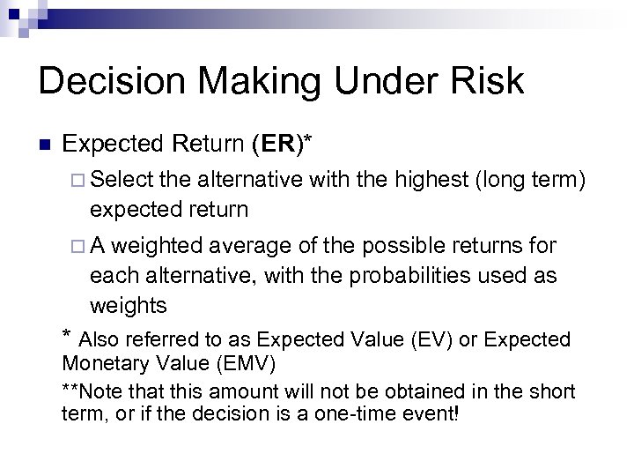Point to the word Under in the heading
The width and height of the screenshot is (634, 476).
click(x=376, y=81)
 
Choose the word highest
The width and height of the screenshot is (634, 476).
click(x=427, y=182)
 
